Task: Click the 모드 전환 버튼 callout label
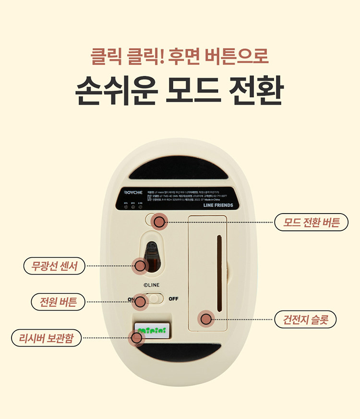[312, 222]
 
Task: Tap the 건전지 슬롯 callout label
[305, 319]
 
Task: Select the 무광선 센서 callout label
[54, 265]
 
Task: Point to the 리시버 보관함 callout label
[46, 338]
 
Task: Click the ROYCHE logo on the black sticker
[133, 192]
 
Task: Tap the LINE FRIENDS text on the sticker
[218, 205]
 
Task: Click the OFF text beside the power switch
[173, 299]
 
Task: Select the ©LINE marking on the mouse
[151, 285]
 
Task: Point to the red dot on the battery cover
[206, 318]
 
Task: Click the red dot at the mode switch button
[159, 222]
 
